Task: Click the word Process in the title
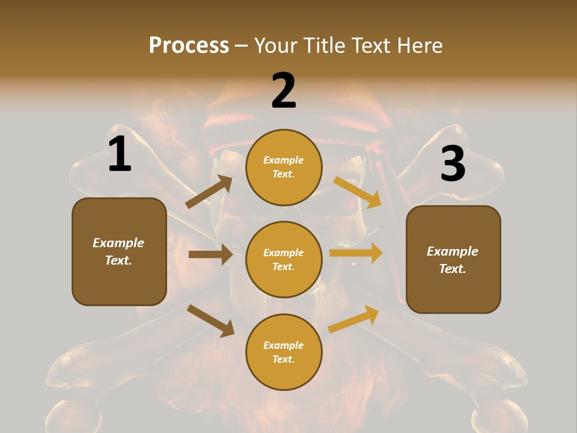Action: point(189,46)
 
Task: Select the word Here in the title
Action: point(420,46)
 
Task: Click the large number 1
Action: point(120,155)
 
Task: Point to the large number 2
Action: point(284,91)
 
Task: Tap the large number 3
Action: point(453,164)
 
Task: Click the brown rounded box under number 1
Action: point(119,251)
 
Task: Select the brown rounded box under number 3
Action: point(453,259)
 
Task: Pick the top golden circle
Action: point(284,167)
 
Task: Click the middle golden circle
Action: point(284,259)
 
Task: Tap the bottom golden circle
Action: point(284,352)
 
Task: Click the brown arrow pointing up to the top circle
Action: point(209,192)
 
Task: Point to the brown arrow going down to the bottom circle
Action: point(210,321)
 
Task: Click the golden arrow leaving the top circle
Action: point(357,192)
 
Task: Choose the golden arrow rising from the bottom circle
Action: point(353,319)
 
